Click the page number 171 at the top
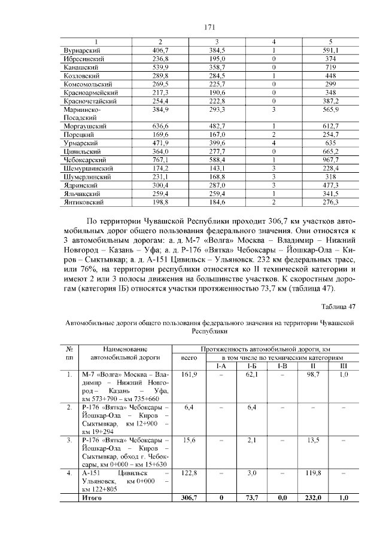click(x=209, y=27)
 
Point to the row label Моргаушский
click(x=85, y=127)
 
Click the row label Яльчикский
click(x=82, y=194)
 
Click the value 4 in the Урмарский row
click(x=273, y=143)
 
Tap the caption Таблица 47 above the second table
click(x=339, y=307)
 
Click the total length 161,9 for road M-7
click(x=189, y=374)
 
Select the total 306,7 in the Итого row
click(x=189, y=497)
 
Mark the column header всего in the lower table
click(x=189, y=357)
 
